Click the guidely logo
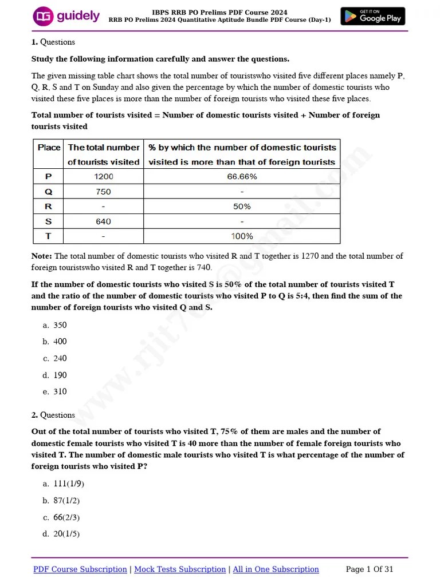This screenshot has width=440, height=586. [66, 16]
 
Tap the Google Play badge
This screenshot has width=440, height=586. [372, 16]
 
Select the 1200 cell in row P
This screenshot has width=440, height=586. [104, 177]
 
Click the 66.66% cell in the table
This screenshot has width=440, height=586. [242, 177]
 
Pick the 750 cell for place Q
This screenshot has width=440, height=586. [104, 192]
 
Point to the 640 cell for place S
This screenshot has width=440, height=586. [104, 221]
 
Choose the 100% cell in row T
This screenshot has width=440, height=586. [242, 236]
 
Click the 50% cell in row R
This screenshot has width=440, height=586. [242, 207]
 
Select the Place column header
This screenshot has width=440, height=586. [49, 148]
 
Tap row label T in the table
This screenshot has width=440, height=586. [48, 236]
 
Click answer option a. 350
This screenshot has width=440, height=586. [55, 325]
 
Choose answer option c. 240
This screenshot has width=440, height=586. [55, 358]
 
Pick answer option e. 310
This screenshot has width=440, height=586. [55, 391]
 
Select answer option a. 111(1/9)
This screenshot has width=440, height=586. [64, 484]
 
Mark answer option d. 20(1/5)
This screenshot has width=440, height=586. [61, 534]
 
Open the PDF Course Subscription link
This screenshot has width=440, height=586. [80, 569]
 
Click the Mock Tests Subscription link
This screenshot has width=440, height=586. [180, 569]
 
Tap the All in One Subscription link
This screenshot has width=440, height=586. [276, 569]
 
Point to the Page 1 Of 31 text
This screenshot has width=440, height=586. [370, 569]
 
